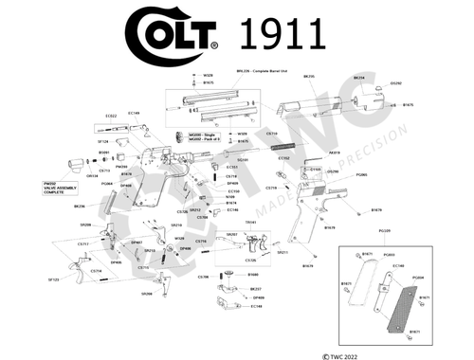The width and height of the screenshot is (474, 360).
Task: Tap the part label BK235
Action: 309,77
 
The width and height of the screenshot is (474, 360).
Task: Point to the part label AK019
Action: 334,150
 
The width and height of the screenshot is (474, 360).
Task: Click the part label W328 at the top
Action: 208,74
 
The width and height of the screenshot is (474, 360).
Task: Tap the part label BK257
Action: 256,289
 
